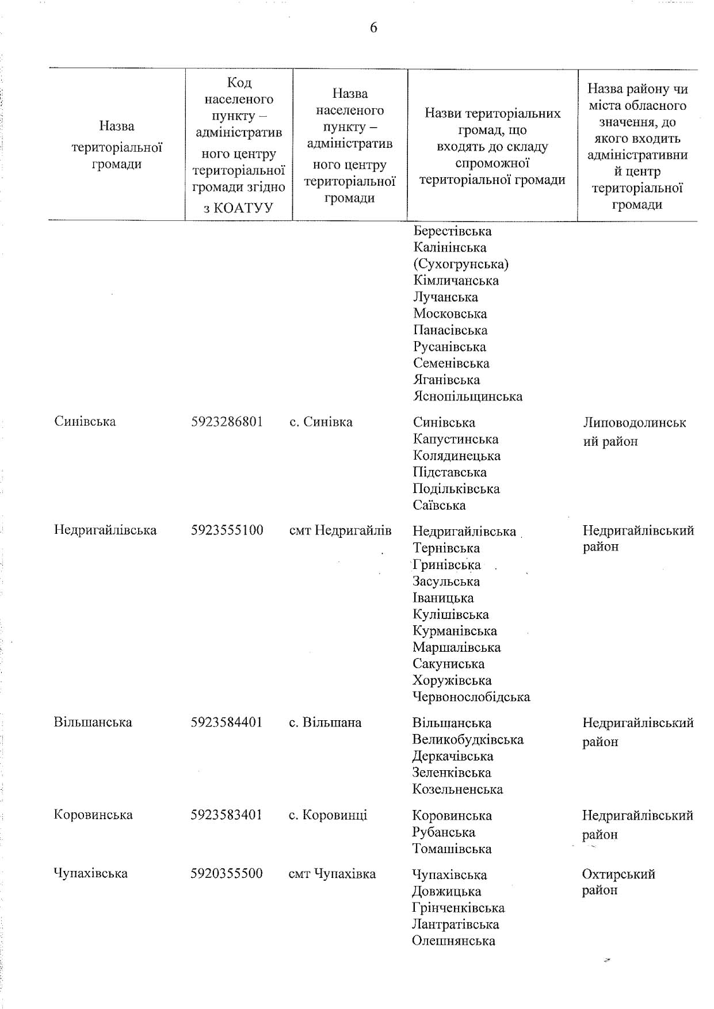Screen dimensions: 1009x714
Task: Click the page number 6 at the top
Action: coord(373,28)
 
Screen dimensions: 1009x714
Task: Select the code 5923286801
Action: coord(227,422)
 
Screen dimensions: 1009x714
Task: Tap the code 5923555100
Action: coord(227,530)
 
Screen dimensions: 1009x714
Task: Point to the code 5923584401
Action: coord(227,722)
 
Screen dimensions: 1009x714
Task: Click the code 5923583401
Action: coord(227,815)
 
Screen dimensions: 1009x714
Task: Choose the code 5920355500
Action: coord(227,873)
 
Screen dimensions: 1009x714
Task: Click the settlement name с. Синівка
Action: coord(320,422)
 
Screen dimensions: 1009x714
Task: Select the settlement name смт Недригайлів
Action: coord(340,530)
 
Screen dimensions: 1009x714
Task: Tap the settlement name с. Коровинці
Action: coord(327,815)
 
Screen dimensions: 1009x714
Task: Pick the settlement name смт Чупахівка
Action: coord(332,874)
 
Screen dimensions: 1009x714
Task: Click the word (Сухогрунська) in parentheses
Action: coord(461,264)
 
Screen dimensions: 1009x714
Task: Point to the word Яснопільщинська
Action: coord(468,396)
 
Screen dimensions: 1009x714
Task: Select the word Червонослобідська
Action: coord(471,697)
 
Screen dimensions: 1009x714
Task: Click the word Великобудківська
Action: coord(468,739)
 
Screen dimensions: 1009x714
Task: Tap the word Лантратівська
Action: coord(455,924)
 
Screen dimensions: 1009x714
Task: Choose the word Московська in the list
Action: coord(450,314)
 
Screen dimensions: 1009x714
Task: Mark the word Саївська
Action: coord(439,505)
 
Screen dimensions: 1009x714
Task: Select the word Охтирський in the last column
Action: coord(618,874)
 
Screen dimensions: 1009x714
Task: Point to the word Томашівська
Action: coord(452,849)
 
